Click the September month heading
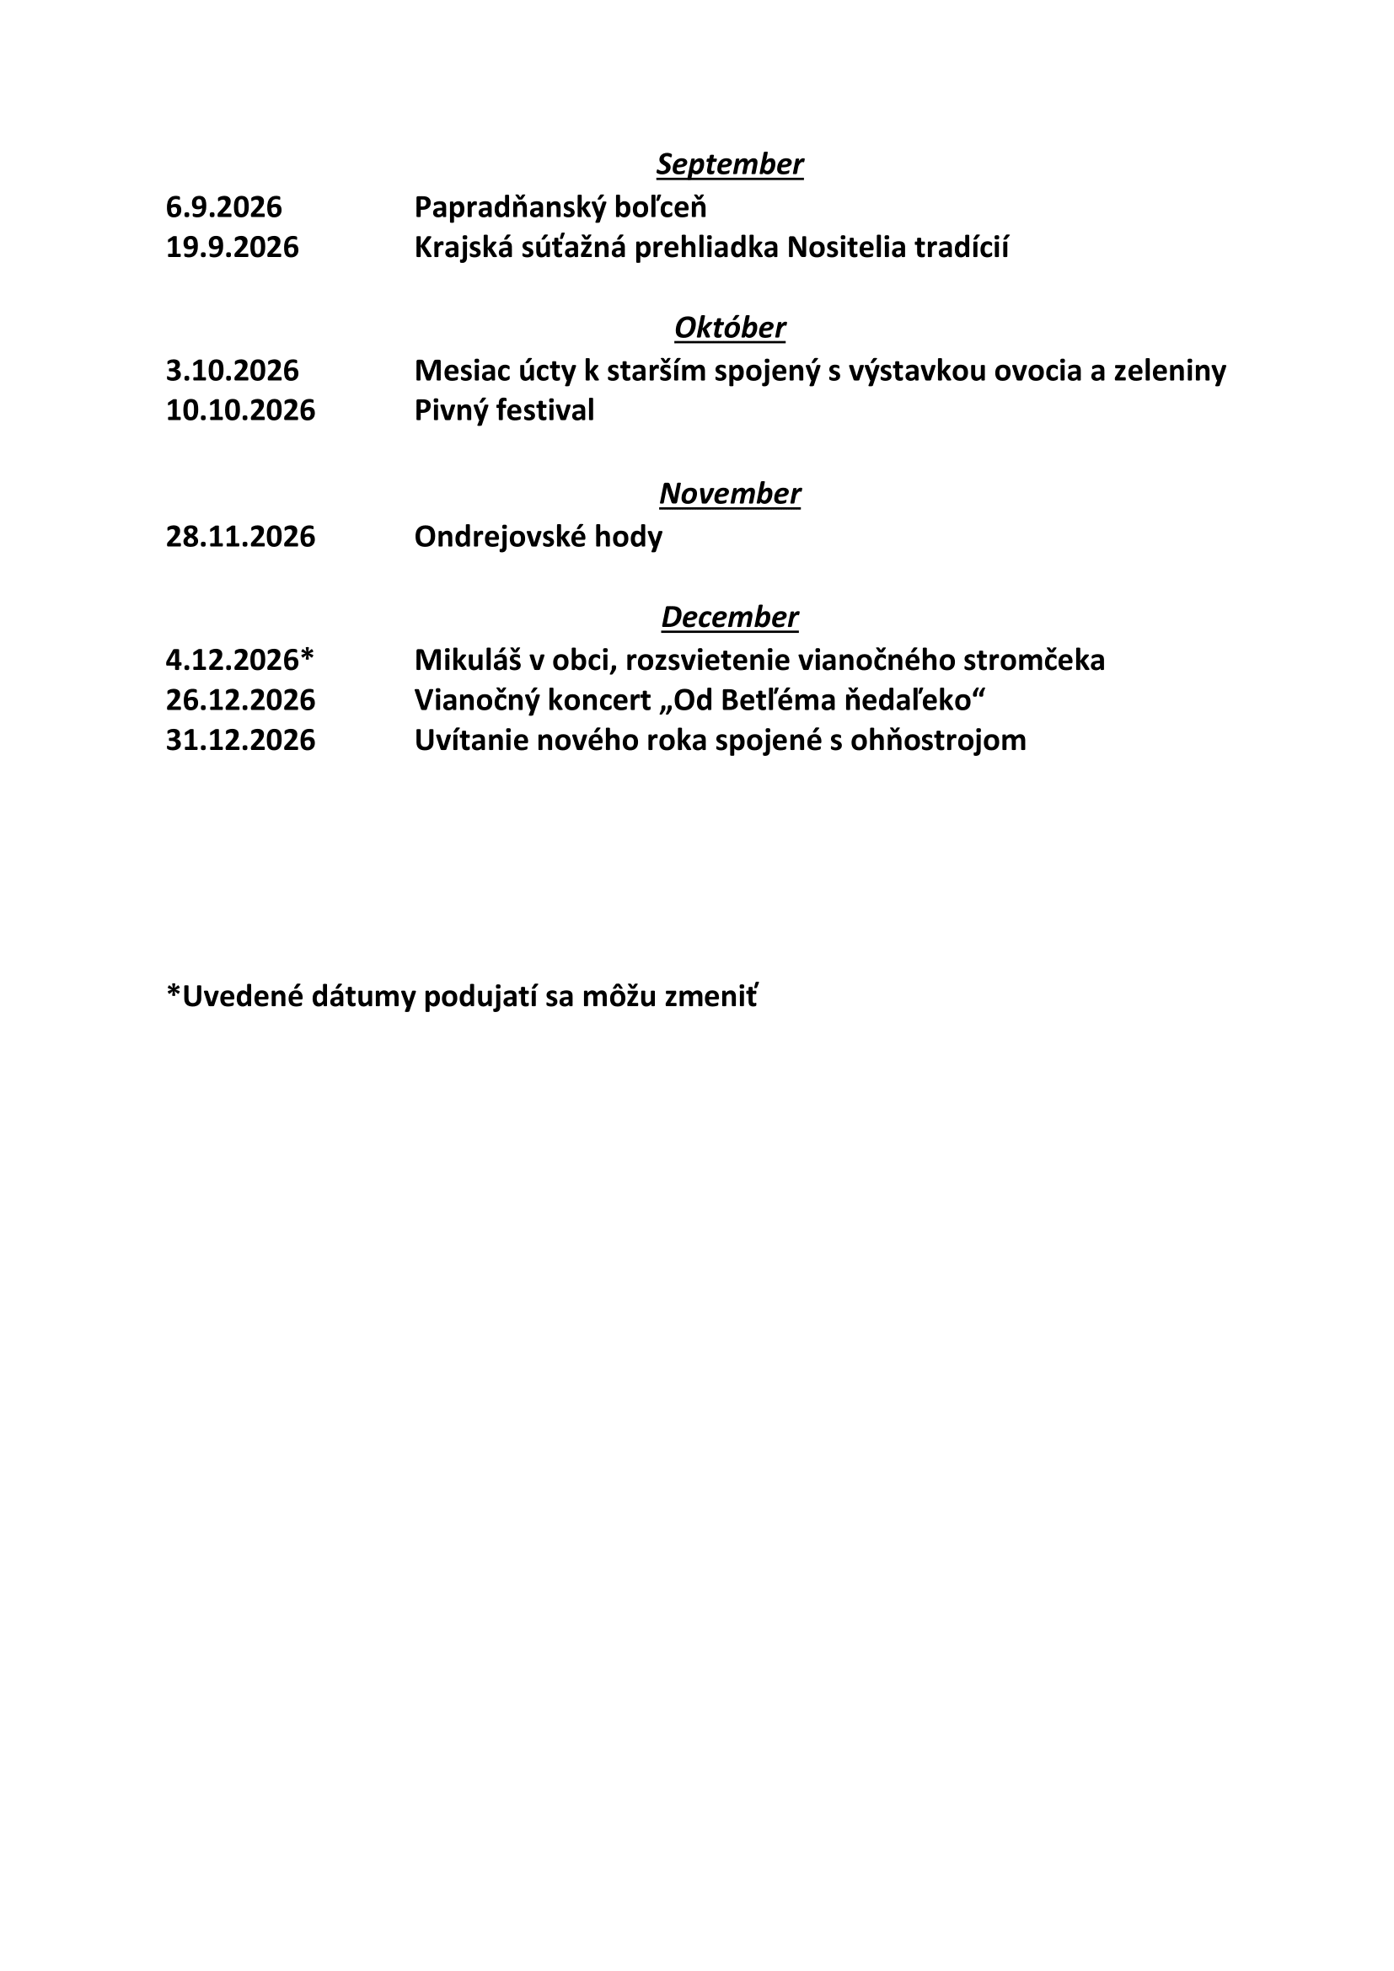pos(730,164)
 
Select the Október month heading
pos(730,328)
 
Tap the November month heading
pos(730,494)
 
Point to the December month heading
pos(730,617)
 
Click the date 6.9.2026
pos(224,207)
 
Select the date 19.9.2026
pos(233,247)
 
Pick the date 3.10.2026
pos(233,371)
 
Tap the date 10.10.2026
pos(240,410)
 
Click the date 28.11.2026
pos(240,537)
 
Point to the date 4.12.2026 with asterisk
pos(240,660)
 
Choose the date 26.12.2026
pos(240,700)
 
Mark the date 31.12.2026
pos(240,740)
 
